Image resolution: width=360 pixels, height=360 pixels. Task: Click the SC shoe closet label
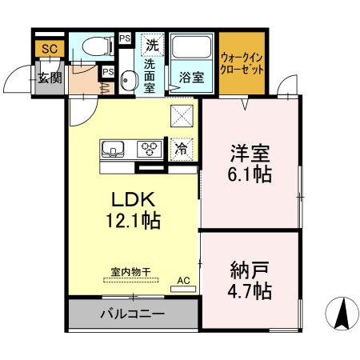[x=50, y=49]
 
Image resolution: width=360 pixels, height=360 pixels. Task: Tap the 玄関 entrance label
[x=50, y=78]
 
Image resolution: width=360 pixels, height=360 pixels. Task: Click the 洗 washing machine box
[x=150, y=45]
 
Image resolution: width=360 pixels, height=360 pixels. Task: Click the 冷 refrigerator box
[x=182, y=148]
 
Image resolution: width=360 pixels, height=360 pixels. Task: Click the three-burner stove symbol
[x=148, y=148]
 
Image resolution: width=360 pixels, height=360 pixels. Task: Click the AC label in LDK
[x=182, y=281]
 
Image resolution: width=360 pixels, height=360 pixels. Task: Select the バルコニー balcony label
[x=133, y=314]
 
